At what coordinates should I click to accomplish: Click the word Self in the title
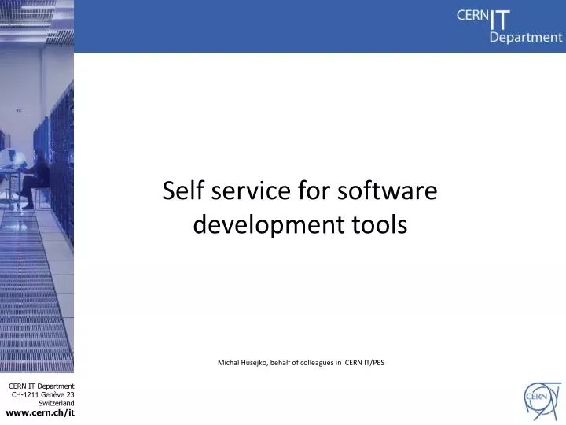179,191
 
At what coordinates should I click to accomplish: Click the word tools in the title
380,226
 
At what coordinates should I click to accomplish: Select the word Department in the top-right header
526,37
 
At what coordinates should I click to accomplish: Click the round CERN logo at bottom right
542,397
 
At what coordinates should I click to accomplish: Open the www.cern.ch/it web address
40,412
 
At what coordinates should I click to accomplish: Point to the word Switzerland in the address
57,403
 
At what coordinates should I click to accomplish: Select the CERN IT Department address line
41,385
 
